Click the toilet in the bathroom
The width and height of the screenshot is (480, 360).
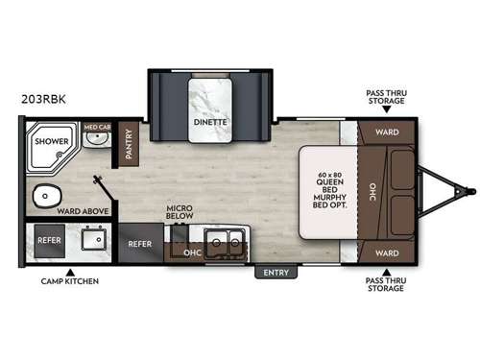[x=45, y=198]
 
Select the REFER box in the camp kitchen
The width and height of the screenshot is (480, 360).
[x=49, y=240]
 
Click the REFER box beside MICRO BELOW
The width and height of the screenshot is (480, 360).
[x=140, y=244]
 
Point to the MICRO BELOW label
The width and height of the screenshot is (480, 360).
[x=180, y=211]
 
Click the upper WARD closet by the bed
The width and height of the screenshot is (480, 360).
[x=387, y=132]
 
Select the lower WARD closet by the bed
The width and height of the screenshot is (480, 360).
[x=387, y=253]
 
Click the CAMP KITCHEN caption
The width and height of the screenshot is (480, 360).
[x=69, y=282]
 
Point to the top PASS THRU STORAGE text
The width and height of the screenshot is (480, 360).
[x=387, y=99]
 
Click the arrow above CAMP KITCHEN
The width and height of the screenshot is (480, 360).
[x=70, y=270]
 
